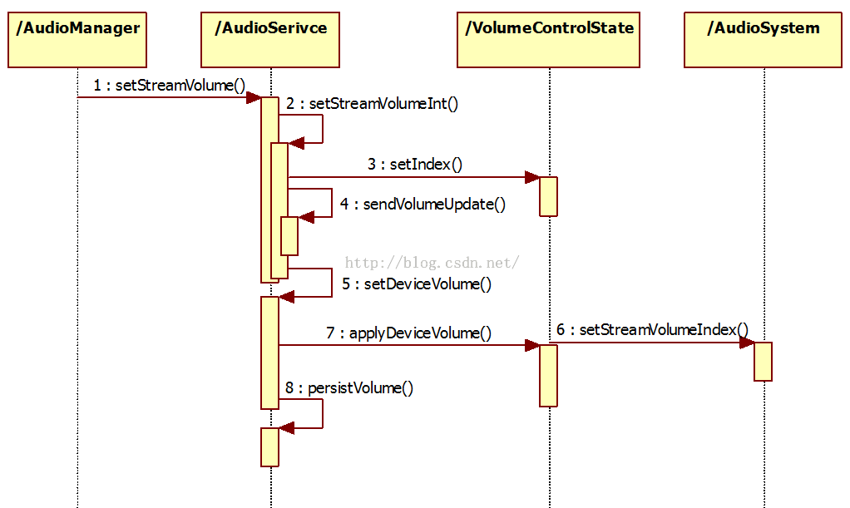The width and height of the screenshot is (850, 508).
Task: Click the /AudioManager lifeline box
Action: [77, 39]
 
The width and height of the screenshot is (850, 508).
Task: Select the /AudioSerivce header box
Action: [270, 39]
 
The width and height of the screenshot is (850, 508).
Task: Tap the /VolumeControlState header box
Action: [548, 39]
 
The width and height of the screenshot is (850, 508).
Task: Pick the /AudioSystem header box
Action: [763, 39]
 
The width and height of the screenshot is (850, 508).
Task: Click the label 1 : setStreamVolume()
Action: [170, 85]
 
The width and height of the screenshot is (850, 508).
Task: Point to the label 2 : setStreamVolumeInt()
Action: [372, 104]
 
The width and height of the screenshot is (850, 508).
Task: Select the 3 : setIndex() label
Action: [415, 165]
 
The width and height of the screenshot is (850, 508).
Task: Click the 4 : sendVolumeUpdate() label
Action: [423, 205]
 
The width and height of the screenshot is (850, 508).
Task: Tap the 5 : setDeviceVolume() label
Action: [416, 284]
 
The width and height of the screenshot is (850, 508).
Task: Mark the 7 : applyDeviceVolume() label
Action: [408, 333]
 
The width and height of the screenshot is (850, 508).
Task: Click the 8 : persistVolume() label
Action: [348, 387]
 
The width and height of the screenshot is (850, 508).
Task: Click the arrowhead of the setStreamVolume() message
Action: [254, 97]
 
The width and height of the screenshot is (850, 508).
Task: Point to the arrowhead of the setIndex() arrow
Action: [532, 177]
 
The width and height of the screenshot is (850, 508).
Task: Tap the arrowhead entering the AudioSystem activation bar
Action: [747, 342]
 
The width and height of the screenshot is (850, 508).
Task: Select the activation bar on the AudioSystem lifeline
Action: [763, 361]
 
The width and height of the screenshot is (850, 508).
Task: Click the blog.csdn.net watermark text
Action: [432, 263]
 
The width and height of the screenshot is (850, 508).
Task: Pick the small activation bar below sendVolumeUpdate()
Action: [289, 235]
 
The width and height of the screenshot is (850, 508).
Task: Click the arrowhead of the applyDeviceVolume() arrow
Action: [532, 345]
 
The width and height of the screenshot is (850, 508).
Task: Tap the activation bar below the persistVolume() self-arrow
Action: [269, 447]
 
